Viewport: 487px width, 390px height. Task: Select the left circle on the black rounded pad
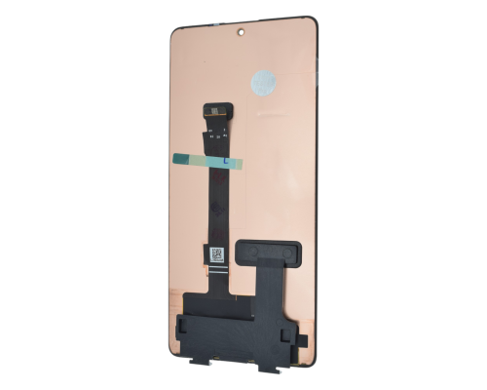(252, 252)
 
